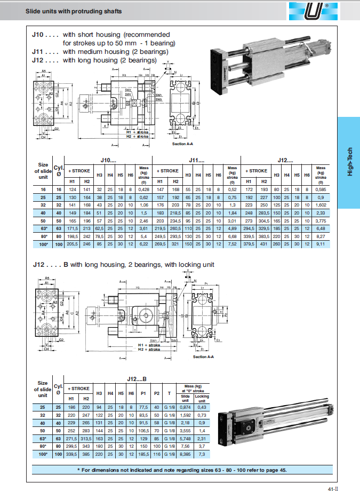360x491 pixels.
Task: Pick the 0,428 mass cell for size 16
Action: pos(143,189)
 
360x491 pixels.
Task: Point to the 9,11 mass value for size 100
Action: pos(321,244)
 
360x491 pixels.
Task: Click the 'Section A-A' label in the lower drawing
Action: pos(203,357)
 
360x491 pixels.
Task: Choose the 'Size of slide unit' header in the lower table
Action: pos(43,389)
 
